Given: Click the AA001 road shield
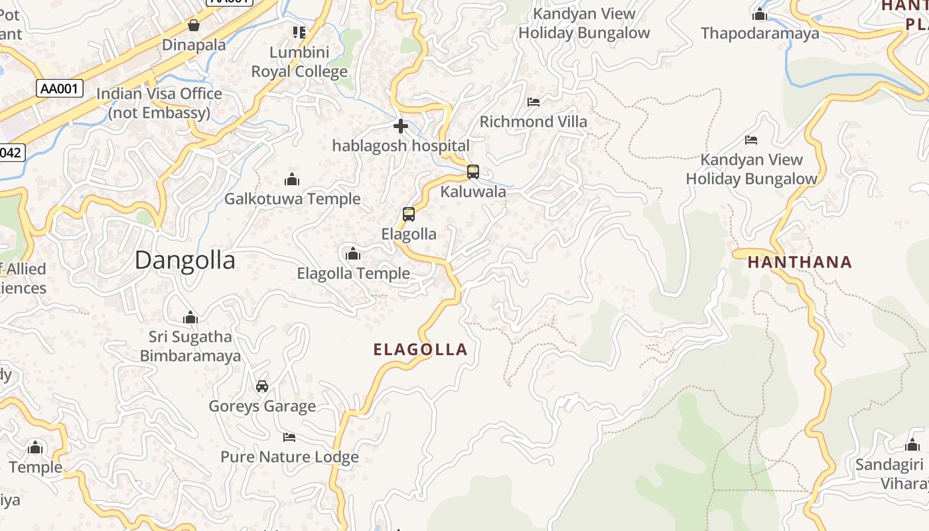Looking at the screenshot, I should (x=60, y=88).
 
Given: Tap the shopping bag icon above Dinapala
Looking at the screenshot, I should (x=194, y=25).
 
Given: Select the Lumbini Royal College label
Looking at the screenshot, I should (x=299, y=62).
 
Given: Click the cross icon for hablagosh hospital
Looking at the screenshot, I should (x=401, y=126).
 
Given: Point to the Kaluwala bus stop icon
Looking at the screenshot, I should (x=473, y=172).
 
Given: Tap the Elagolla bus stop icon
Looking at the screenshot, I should (x=409, y=214).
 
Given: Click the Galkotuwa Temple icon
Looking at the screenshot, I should (x=292, y=179).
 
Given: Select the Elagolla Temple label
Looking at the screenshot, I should (x=353, y=273).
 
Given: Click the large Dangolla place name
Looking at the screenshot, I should (x=184, y=260).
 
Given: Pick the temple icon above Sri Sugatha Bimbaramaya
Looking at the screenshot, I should (x=190, y=317).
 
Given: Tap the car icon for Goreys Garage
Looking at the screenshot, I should (x=262, y=386).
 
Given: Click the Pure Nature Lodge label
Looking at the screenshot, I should (x=289, y=457).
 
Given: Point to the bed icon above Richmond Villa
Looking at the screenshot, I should (x=534, y=102).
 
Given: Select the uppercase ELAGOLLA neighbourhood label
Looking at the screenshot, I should (x=421, y=350).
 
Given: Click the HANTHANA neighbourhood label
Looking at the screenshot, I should (x=800, y=262).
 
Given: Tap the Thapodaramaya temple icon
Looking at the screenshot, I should (x=760, y=14).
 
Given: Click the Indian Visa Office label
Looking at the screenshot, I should (x=159, y=103).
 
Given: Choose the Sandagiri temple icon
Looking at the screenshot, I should (x=912, y=445).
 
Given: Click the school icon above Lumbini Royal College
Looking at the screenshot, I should (x=299, y=32).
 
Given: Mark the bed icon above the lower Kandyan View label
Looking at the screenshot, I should (x=751, y=140).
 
